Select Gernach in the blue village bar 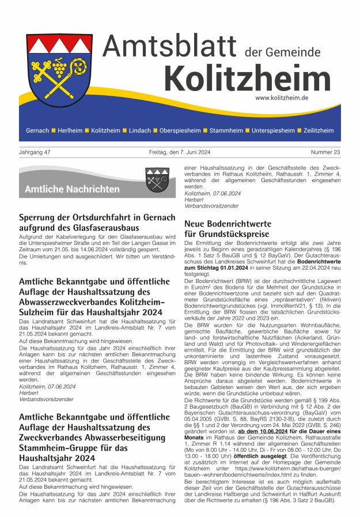(37, 131)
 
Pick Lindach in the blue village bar (139, 131)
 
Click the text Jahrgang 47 (35, 152)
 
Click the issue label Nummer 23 (325, 152)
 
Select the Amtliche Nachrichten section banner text (72, 189)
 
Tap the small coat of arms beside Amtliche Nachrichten (157, 179)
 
